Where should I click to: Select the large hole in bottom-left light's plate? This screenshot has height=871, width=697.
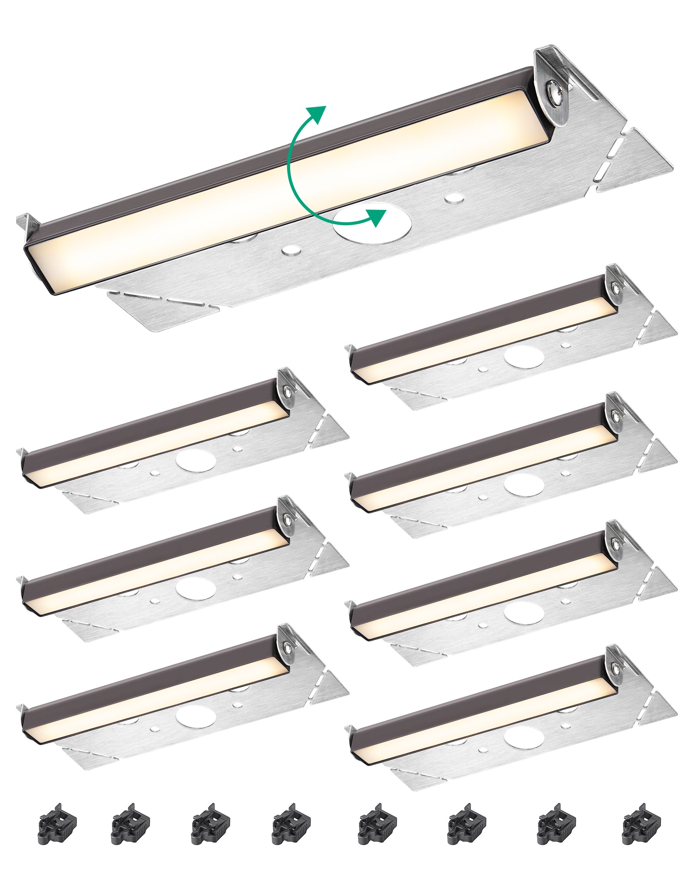click(x=196, y=716)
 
